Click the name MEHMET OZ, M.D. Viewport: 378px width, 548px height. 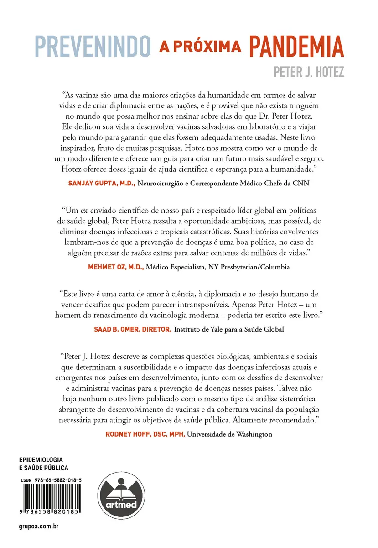coord(116,268)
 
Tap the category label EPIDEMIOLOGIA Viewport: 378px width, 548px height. coord(41,459)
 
